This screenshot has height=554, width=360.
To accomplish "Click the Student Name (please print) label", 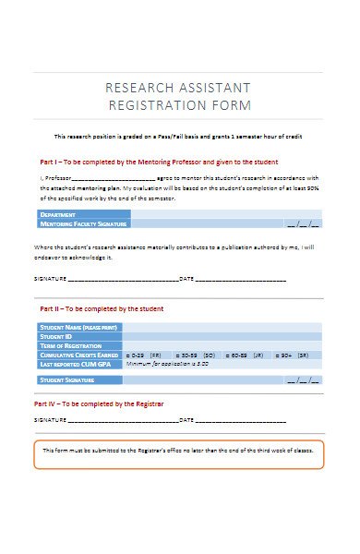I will (x=78, y=328).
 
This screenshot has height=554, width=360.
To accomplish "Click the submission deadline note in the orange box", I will (x=180, y=451).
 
